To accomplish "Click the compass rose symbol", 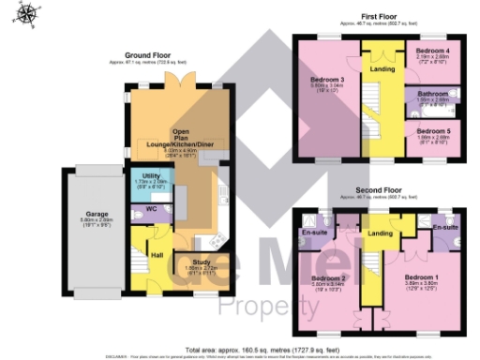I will (x=27, y=13).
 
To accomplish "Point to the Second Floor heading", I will (x=382, y=190).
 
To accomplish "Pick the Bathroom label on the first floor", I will (x=431, y=93).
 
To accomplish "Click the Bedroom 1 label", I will (x=420, y=278).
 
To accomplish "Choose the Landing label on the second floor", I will (x=380, y=233).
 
